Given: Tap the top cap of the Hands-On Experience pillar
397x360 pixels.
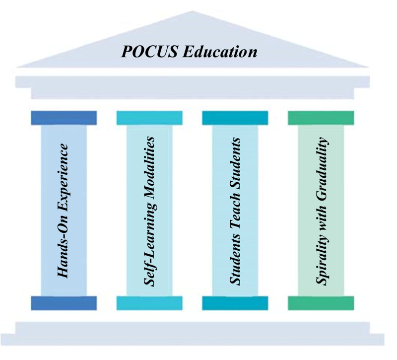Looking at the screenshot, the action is pos(64,118).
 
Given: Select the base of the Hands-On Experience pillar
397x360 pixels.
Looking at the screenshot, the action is pos(64,303).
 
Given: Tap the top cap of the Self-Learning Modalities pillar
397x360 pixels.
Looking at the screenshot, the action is pos(149,118).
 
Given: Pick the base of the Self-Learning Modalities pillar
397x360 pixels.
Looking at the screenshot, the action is pos(149,303).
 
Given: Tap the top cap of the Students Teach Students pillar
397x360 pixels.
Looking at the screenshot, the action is pos(235,118).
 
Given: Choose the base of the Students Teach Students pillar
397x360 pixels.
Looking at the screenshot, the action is pos(235,303).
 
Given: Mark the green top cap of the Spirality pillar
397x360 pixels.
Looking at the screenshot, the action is pos(321,118).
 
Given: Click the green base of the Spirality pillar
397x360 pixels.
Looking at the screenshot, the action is pos(321,303).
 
